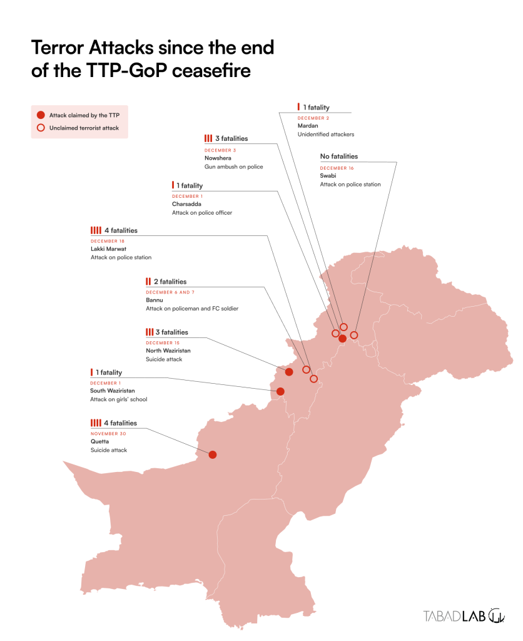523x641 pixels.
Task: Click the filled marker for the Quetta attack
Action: [213, 454]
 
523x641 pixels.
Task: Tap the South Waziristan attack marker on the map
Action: [280, 392]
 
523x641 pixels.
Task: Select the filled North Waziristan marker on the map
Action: [289, 372]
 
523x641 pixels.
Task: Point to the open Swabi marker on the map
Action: [353, 335]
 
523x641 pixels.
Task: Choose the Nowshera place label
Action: [218, 158]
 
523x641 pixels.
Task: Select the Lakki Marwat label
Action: [109, 249]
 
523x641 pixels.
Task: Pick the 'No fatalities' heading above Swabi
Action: [338, 156]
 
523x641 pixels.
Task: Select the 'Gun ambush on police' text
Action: [233, 167]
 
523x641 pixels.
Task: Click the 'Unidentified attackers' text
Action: [326, 134]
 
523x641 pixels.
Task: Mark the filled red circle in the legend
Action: [41, 115]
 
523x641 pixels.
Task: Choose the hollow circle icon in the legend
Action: [41, 128]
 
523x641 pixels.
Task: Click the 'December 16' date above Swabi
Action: [337, 168]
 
